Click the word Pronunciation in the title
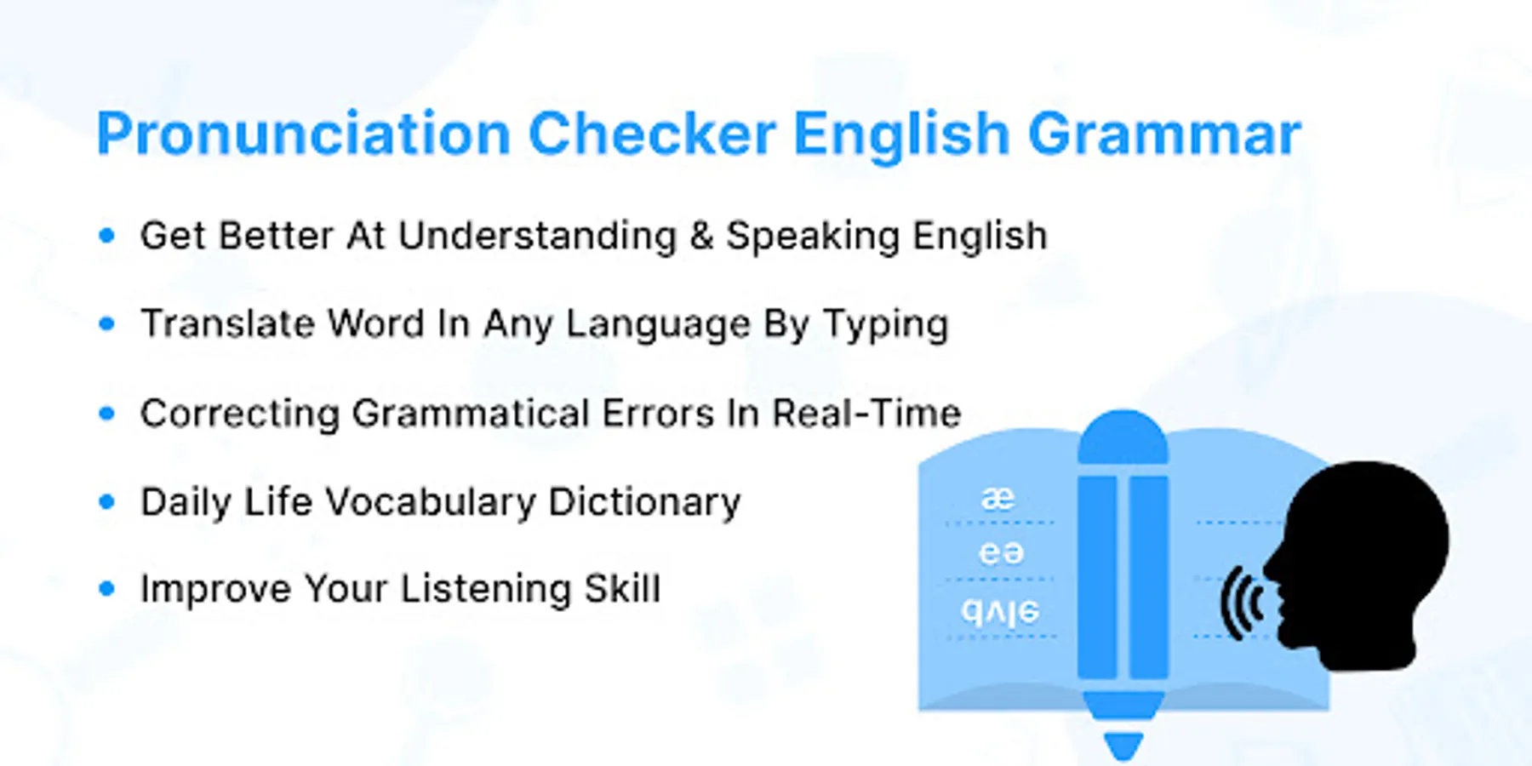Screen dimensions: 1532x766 (x=303, y=134)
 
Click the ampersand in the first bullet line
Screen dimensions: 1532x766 (x=701, y=236)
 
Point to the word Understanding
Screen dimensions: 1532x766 (x=537, y=236)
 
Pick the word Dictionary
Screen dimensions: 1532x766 (x=644, y=503)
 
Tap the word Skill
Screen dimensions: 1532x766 (x=622, y=588)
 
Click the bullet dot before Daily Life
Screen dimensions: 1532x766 (x=106, y=501)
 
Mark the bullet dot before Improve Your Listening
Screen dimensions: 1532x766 (x=106, y=588)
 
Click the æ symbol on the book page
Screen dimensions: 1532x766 (x=998, y=497)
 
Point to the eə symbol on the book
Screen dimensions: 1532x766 (x=1001, y=553)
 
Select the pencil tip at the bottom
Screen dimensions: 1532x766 (x=1123, y=746)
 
